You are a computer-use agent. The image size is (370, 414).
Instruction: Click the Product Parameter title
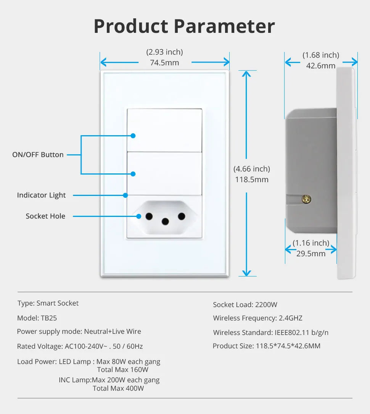tap(184, 26)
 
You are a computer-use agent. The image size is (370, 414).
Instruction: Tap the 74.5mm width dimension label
tap(164, 63)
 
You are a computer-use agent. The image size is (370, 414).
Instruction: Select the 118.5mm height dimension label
tap(252, 180)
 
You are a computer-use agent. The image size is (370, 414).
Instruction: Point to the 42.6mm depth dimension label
tap(321, 66)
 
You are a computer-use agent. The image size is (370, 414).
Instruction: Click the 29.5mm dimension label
tap(311, 253)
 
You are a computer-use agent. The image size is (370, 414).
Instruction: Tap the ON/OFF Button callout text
tap(38, 155)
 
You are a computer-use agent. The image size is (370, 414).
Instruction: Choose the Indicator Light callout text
tap(41, 195)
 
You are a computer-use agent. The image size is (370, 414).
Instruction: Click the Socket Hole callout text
tap(45, 216)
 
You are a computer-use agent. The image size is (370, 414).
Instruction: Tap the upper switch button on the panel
tap(164, 130)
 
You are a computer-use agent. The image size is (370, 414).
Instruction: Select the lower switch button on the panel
tap(164, 173)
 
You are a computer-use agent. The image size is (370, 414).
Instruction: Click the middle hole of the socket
tap(165, 221)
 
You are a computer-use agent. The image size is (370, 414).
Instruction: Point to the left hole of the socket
tap(149, 217)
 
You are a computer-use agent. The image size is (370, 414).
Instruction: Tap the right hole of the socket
tap(182, 217)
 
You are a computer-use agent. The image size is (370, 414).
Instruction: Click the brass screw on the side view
tap(306, 199)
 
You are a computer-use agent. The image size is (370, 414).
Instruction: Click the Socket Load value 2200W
tap(266, 305)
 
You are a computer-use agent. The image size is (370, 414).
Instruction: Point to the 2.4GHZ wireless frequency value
tap(290, 318)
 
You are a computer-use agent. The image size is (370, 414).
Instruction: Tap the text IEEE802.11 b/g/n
tap(301, 333)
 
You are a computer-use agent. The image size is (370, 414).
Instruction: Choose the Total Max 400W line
tap(118, 388)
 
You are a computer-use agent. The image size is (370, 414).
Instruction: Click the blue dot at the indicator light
tap(125, 195)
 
